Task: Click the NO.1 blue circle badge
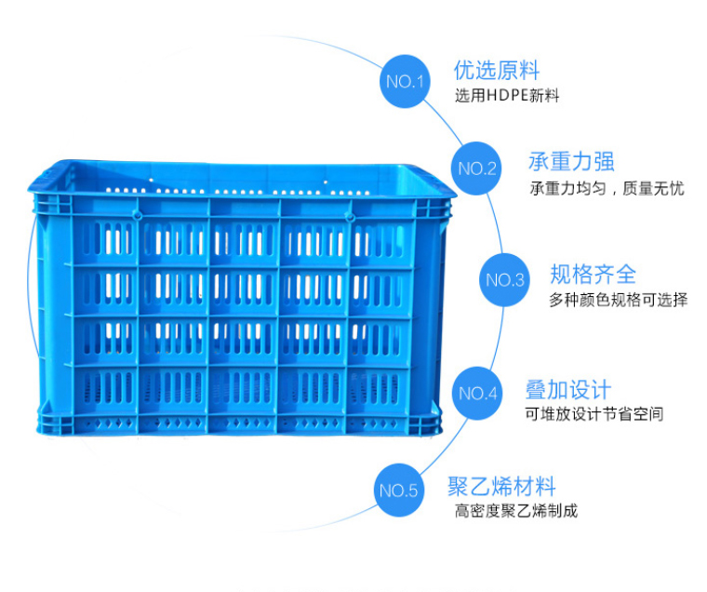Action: [405, 81]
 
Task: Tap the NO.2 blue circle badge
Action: [477, 168]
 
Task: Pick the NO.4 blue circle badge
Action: [478, 393]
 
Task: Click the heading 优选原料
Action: [496, 70]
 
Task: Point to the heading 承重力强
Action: [571, 161]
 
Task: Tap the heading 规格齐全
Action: [593, 274]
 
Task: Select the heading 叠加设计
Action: [567, 388]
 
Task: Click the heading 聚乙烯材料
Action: [501, 486]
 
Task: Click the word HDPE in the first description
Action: [508, 96]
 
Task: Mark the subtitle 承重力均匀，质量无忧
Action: [606, 189]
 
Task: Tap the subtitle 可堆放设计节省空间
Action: [594, 414]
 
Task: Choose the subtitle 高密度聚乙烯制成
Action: [515, 511]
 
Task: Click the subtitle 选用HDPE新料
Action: [506, 96]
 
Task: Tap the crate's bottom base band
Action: [242, 429]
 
